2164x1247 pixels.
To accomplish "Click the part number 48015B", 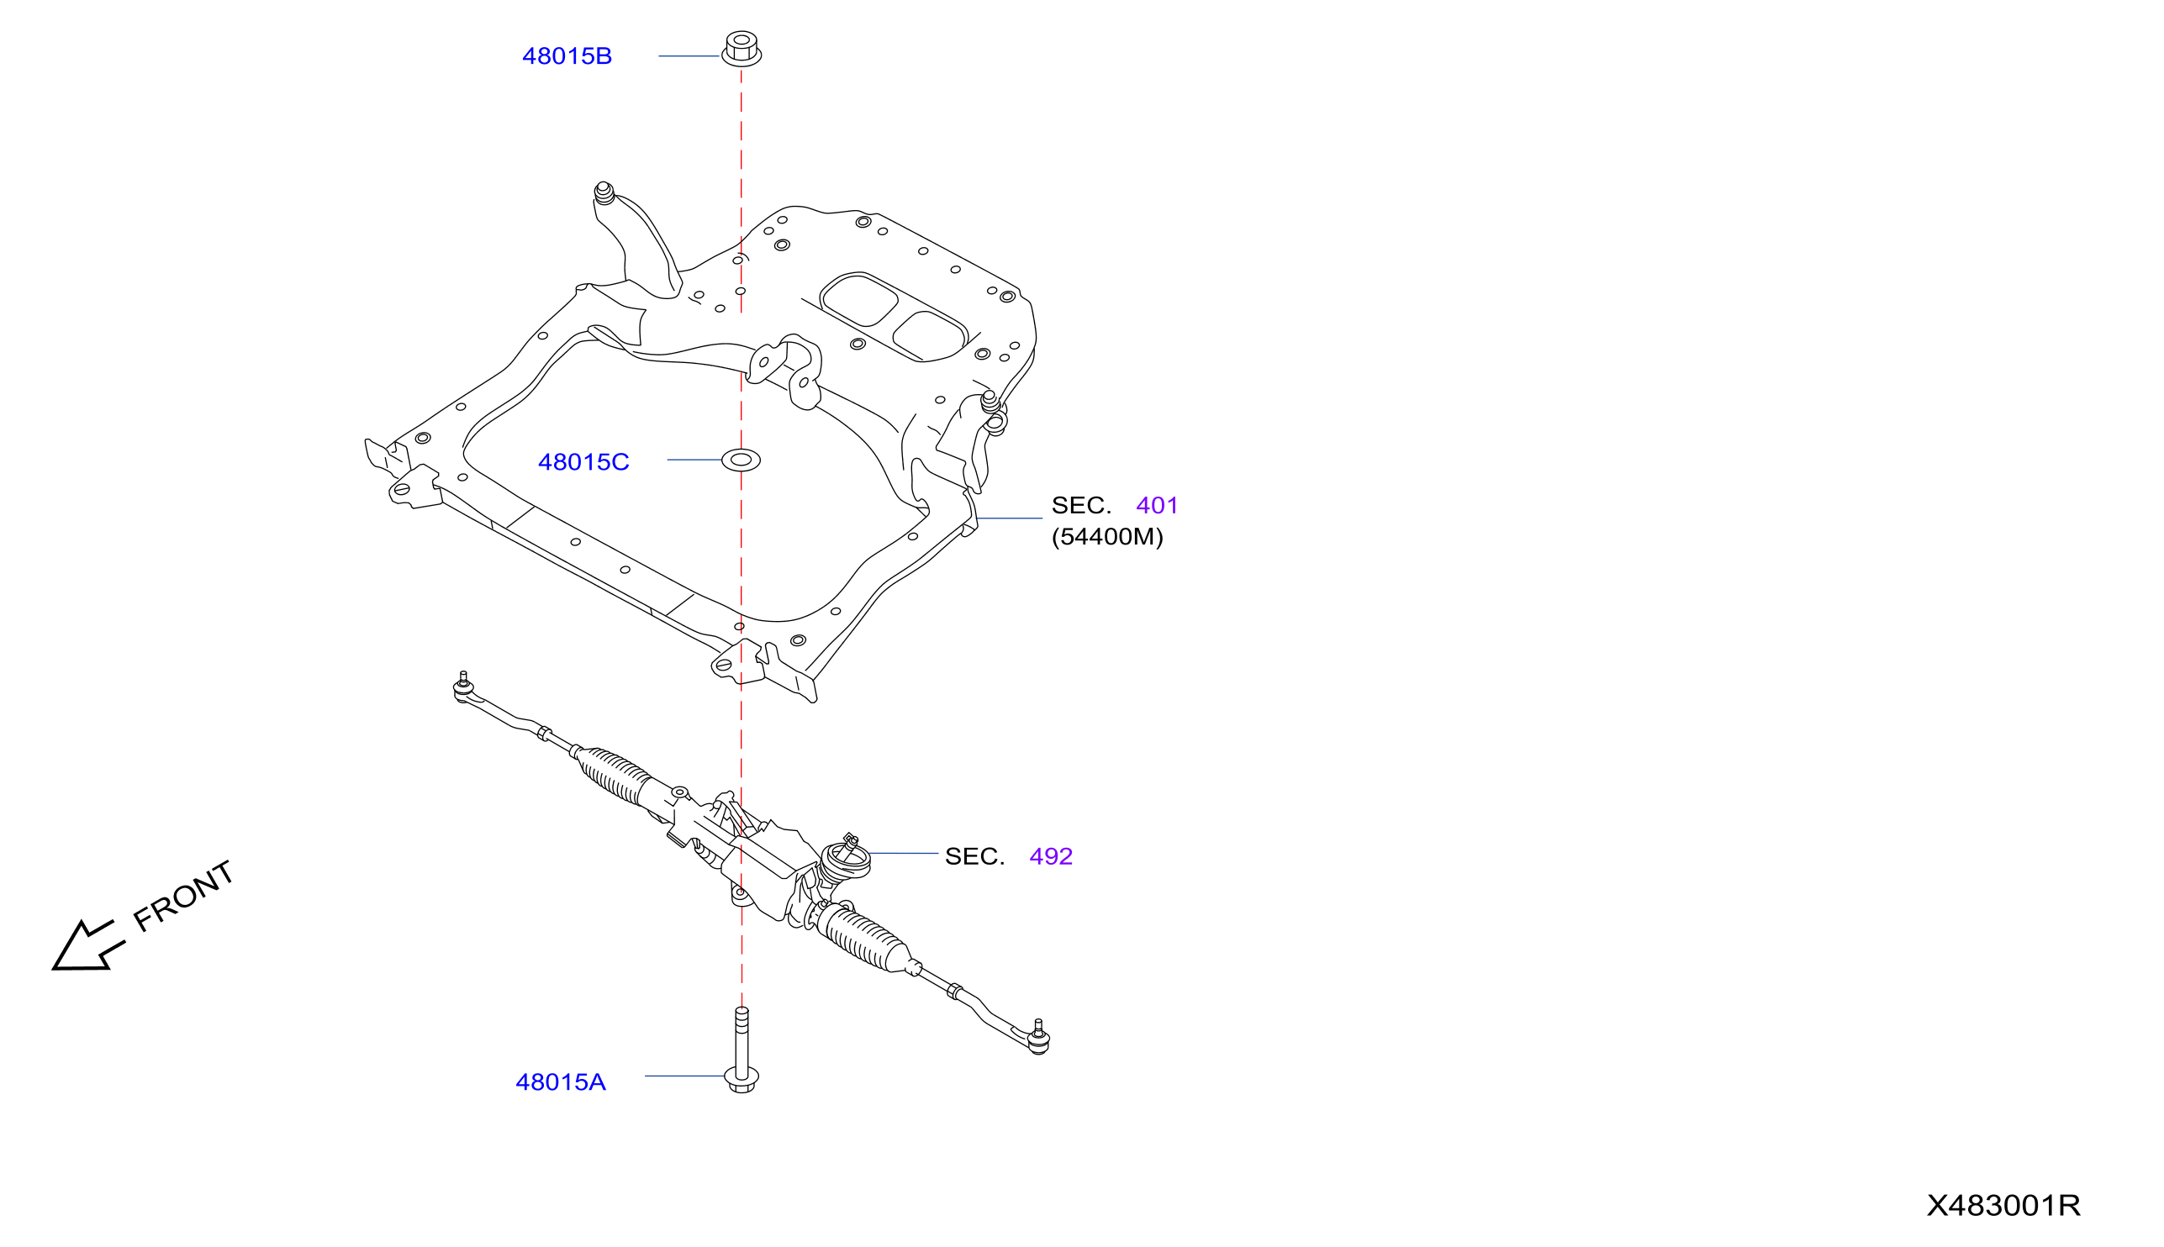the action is coord(567,56).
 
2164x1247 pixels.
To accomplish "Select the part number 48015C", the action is coord(583,462).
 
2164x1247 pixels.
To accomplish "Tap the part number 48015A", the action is coord(560,1082).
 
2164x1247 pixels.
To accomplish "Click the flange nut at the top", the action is coord(741,48).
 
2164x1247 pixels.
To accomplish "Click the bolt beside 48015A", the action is coord(742,1051).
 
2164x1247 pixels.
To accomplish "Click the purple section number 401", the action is coord(1157,505).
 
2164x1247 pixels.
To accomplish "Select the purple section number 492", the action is coord(1050,856).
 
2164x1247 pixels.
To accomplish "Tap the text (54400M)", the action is coord(1107,537).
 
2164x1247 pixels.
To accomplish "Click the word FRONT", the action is coord(183,896).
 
